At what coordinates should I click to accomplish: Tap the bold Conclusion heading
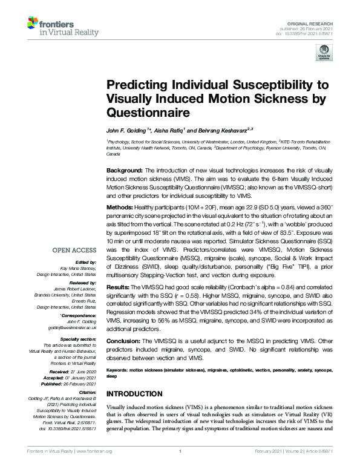click(123, 341)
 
